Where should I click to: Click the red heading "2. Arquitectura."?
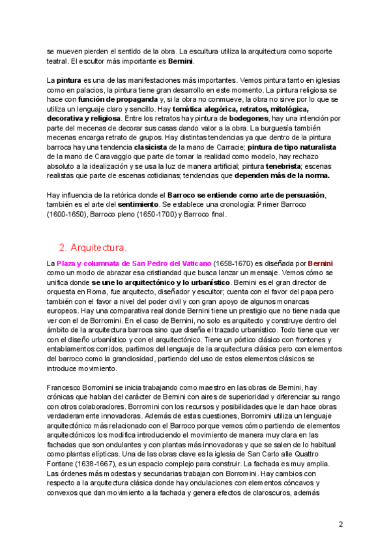click(93, 248)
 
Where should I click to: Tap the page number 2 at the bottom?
click(340, 524)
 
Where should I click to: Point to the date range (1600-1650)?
click(71, 214)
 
